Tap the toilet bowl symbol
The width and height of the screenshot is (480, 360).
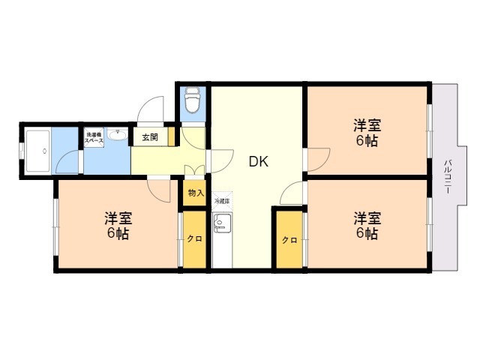(193, 99)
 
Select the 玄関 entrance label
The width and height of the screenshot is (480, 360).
(150, 137)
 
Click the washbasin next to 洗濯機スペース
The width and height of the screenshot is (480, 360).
(117, 136)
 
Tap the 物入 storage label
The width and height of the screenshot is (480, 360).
(195, 193)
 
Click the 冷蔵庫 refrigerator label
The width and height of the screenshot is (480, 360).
(222, 202)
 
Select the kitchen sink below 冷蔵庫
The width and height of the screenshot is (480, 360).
(222, 223)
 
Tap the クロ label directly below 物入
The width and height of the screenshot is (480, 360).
(194, 239)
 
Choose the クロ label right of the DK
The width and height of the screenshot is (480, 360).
(289, 240)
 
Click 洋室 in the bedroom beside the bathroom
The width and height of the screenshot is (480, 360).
(118, 219)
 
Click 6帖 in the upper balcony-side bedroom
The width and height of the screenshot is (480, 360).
(367, 140)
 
